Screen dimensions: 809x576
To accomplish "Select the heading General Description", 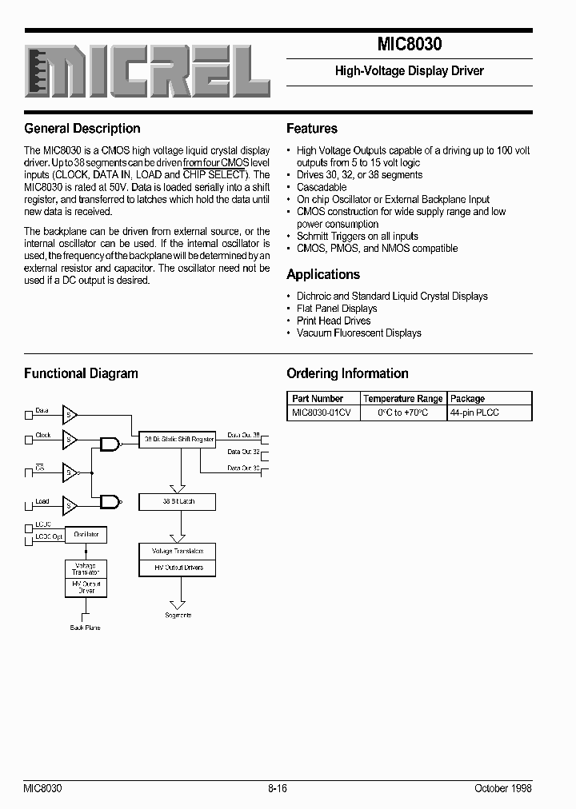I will pyautogui.click(x=82, y=129).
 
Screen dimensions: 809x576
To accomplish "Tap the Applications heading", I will pyautogui.click(x=323, y=274).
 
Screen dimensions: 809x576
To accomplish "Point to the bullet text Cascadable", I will pyautogui.click(x=322, y=187).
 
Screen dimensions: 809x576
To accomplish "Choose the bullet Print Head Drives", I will pyautogui.click(x=334, y=321).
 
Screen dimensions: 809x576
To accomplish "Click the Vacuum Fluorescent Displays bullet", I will pyautogui.click(x=358, y=333).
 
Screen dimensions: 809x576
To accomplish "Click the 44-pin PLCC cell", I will pyautogui.click(x=474, y=412).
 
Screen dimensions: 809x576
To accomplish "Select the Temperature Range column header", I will pyautogui.click(x=402, y=398).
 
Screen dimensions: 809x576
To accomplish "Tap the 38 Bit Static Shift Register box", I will pyautogui.click(x=178, y=439).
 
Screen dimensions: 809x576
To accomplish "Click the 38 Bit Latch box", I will pyautogui.click(x=178, y=502).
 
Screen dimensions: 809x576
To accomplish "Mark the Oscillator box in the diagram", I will pyautogui.click(x=86, y=534).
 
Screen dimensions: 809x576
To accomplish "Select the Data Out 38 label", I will pyautogui.click(x=243, y=436).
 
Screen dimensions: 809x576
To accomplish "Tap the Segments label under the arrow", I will pyautogui.click(x=178, y=616).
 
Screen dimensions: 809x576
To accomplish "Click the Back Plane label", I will pyautogui.click(x=86, y=628).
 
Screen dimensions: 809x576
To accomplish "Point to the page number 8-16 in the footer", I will pyautogui.click(x=278, y=787).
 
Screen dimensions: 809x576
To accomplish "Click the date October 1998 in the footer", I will pyautogui.click(x=502, y=787).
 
